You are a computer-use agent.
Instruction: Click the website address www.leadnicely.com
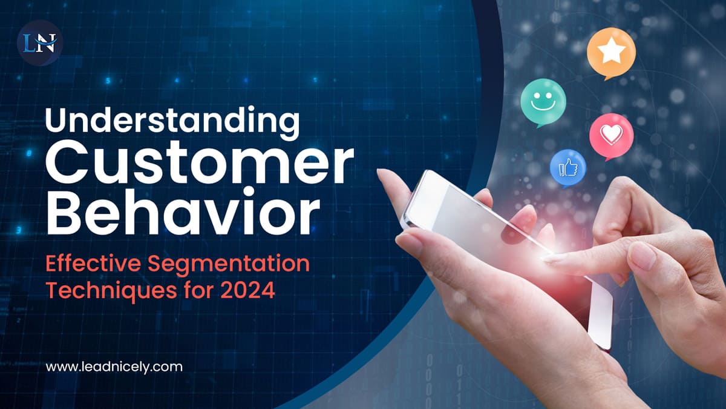point(114,366)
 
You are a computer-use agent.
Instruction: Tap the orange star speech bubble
point(610,53)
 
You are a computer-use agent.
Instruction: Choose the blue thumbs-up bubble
point(567,167)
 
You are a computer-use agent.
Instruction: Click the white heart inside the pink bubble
point(611,134)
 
